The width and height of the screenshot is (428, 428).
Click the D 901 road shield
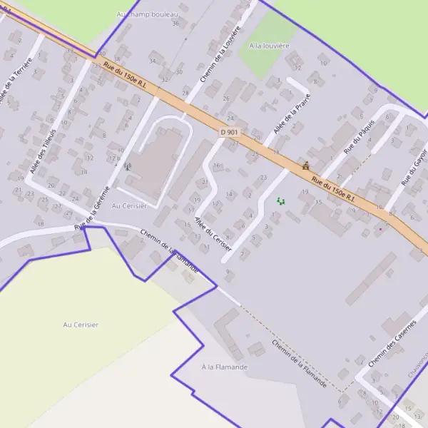click(228, 132)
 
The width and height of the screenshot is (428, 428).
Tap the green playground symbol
click(281, 202)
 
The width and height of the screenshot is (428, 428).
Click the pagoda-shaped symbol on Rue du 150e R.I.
click(306, 166)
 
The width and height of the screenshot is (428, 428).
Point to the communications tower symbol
click(128, 166)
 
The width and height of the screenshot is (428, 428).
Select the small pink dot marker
click(380, 229)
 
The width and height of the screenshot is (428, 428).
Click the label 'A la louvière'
click(269, 46)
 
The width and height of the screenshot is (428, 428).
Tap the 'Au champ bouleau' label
click(147, 14)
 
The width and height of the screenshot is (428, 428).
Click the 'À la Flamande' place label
click(224, 367)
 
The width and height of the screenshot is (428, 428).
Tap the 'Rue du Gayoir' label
click(414, 167)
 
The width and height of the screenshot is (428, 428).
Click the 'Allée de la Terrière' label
click(16, 80)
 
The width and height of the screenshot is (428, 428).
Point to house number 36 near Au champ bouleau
click(175, 24)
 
